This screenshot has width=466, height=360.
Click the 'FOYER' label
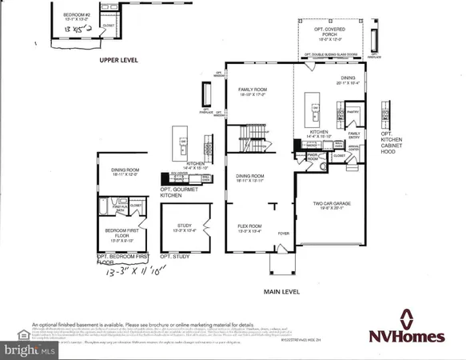283,234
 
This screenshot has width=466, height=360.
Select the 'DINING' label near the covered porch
330,79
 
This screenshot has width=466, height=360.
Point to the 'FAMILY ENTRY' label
353,135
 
